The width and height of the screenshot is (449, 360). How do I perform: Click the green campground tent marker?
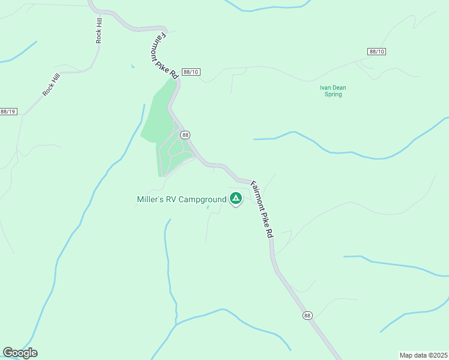[x=236, y=198]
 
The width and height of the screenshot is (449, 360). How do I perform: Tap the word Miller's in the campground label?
[x=150, y=199]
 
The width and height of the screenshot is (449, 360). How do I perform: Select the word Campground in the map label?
[x=201, y=199]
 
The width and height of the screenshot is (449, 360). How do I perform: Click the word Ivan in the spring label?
[x=325, y=88]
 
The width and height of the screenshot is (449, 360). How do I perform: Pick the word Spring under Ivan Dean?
[x=333, y=94]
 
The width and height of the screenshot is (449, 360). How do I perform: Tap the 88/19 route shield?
[x=8, y=112]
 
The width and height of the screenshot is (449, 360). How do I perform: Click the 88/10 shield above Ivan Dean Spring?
[x=376, y=52]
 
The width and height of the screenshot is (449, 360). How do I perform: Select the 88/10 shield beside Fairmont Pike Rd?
[x=191, y=72]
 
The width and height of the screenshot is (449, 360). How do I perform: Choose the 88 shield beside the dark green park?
[x=185, y=135]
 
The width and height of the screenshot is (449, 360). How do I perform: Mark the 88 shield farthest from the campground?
[x=307, y=316]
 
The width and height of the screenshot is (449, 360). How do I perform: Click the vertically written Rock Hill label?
[x=98, y=29]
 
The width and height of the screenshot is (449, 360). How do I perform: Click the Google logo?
[x=20, y=353]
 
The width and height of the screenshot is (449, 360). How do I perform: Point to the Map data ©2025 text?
[x=423, y=355]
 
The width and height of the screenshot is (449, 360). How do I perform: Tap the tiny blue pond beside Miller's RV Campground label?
[x=208, y=208]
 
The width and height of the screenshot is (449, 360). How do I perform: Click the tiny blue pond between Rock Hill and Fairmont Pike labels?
[x=132, y=66]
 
